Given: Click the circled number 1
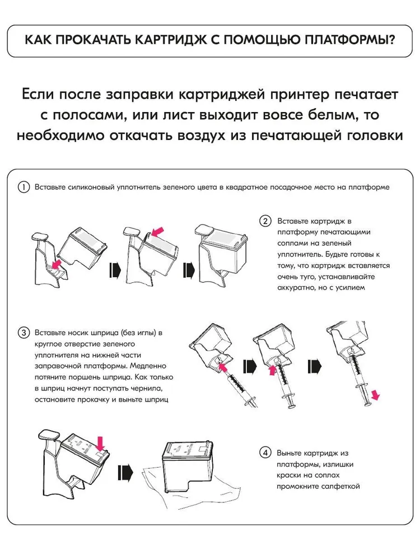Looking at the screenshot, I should click(24, 187).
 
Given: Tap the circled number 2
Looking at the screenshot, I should click(265, 221).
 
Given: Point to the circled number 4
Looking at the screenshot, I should click(265, 453).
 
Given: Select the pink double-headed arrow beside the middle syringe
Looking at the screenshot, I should click(273, 370).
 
